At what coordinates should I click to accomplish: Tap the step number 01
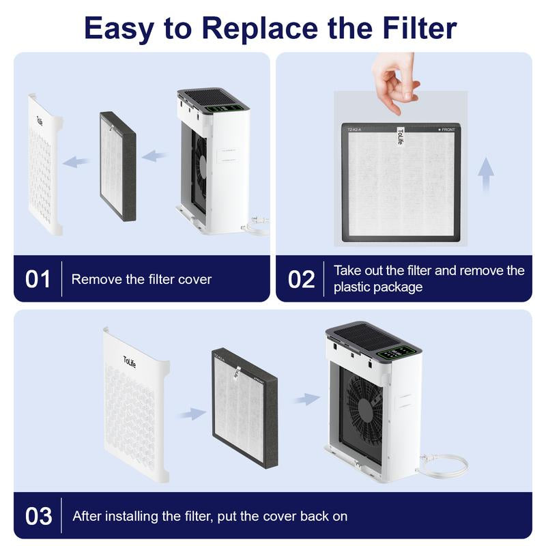tap(38, 279)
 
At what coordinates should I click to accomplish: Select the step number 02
tap(301, 279)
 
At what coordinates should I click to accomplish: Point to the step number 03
tap(39, 515)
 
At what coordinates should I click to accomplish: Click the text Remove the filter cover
tap(141, 279)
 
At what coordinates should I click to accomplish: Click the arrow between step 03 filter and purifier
tap(306, 399)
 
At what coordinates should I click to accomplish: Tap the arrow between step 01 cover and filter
tap(77, 162)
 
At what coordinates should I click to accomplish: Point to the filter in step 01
tap(117, 166)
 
